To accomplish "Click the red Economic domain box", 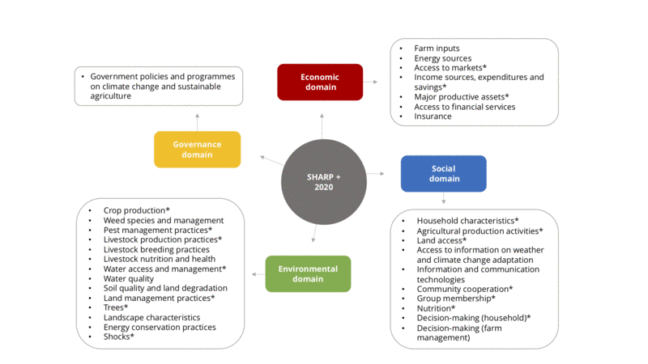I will click(319, 83).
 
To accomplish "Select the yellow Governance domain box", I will click(197, 149).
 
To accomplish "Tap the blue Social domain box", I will click(443, 173).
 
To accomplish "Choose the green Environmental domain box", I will click(308, 273).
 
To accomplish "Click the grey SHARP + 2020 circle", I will click(323, 181).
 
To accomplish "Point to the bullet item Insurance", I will click(433, 116).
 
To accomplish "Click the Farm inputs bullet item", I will click(437, 49).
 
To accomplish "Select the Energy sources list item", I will click(442, 58).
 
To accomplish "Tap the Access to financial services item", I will click(464, 107).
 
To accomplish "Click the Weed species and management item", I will click(163, 220).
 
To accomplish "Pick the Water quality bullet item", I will click(129, 278).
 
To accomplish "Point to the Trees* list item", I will click(115, 307).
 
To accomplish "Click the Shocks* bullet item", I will click(118, 336).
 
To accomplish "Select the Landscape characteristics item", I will click(151, 317).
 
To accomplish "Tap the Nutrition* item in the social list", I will click(436, 308).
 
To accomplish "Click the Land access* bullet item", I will click(441, 240).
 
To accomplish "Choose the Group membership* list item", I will click(455, 298).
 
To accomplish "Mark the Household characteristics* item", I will click(467, 221).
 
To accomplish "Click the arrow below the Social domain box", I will click(443, 198).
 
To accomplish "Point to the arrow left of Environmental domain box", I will click(256, 274).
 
